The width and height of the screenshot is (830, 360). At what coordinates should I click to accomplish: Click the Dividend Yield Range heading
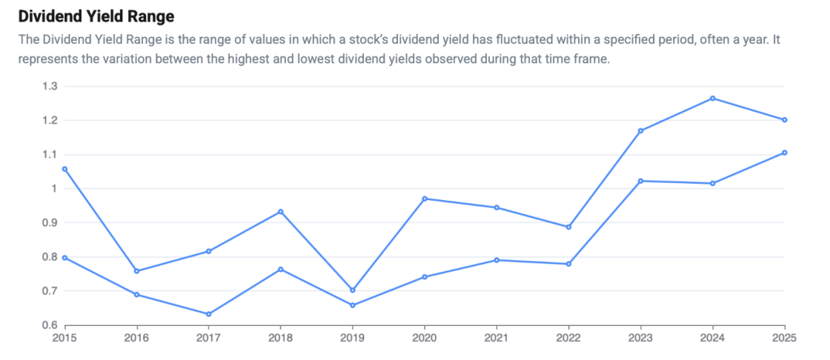tap(96, 17)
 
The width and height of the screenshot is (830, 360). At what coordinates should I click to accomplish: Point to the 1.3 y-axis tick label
tap(50, 86)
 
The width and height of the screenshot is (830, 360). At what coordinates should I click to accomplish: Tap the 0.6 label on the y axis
tap(50, 325)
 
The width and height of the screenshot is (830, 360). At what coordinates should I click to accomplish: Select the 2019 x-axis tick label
tap(353, 338)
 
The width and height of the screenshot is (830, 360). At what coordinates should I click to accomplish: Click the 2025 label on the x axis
tap(785, 338)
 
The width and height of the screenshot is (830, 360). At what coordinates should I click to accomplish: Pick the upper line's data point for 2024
tap(712, 99)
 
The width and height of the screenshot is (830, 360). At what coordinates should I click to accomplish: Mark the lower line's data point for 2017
tap(208, 314)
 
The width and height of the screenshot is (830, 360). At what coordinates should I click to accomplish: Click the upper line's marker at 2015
tap(65, 169)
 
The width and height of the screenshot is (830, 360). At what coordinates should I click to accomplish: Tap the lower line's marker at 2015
tap(65, 258)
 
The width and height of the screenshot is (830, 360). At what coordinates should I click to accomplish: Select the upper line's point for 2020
tap(425, 199)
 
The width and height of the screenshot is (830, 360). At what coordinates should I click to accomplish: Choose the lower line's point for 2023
tap(640, 181)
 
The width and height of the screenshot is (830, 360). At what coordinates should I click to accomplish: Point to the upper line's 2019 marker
tap(353, 290)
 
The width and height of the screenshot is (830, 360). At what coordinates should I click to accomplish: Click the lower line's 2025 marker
tap(785, 153)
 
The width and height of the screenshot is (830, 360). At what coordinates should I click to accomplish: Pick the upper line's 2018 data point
tap(281, 212)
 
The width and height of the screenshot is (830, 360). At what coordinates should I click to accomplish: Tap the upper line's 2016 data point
tap(136, 271)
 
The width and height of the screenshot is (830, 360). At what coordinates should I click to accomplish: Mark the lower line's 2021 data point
tap(497, 260)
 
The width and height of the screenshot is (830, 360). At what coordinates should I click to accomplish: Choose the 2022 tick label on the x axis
tap(568, 338)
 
